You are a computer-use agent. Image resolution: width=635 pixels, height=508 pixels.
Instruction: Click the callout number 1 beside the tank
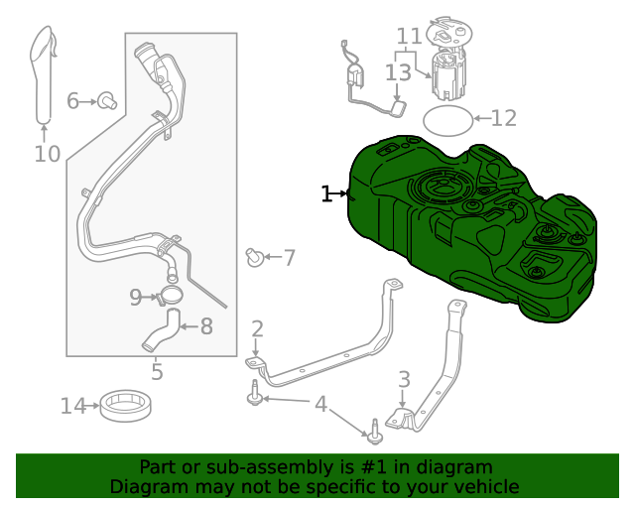click(x=326, y=194)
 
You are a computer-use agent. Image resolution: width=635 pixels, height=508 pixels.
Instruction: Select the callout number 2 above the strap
click(x=257, y=328)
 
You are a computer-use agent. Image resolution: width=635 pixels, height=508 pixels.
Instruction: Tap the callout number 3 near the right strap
click(x=404, y=379)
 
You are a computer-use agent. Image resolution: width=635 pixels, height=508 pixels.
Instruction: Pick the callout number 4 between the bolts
click(x=320, y=404)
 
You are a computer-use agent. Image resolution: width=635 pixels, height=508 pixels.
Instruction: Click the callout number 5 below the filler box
click(x=157, y=372)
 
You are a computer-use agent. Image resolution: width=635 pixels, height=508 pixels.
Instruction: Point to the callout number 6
click(x=73, y=101)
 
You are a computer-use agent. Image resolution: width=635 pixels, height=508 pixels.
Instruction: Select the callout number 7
click(x=289, y=259)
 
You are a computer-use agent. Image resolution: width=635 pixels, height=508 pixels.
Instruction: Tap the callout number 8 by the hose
click(x=206, y=325)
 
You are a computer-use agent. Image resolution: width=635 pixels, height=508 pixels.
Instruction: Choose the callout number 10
click(x=47, y=154)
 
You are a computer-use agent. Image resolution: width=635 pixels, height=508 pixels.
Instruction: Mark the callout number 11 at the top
click(x=409, y=38)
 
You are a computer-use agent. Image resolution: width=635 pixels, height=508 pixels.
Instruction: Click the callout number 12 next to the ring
click(x=504, y=119)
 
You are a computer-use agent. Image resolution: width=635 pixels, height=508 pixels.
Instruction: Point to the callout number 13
click(x=398, y=73)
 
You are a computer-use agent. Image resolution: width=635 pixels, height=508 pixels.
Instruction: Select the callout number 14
click(x=73, y=406)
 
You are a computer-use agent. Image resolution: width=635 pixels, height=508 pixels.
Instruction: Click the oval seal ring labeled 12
click(x=447, y=120)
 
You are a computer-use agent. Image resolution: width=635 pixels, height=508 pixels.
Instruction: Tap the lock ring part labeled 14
click(x=126, y=405)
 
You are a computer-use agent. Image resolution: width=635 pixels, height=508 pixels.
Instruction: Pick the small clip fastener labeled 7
click(x=255, y=258)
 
